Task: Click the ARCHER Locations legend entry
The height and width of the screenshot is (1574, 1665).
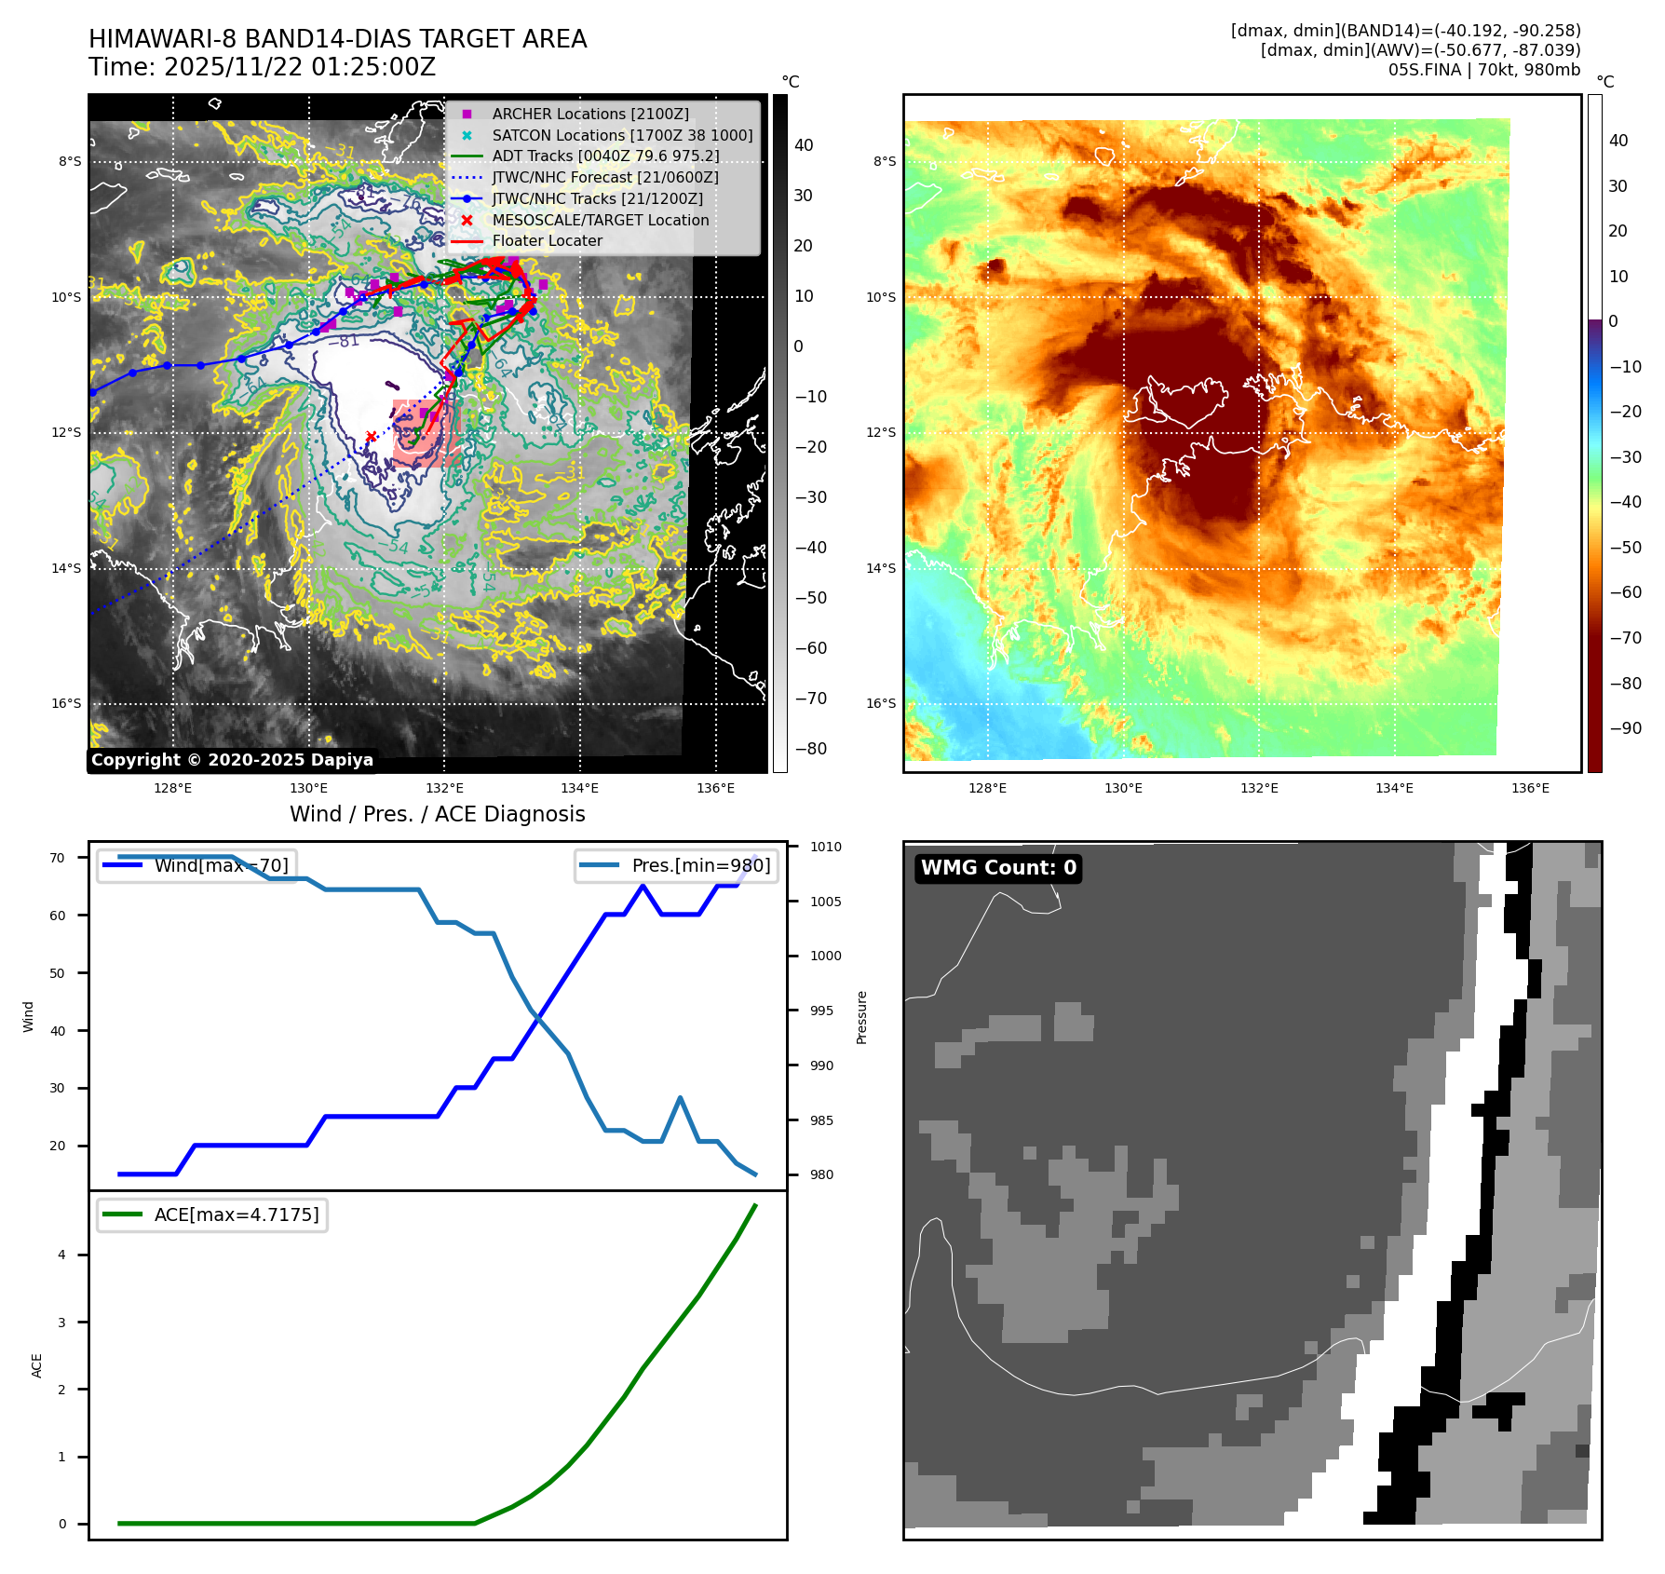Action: (x=590, y=114)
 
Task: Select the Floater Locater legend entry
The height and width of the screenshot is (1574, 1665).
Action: (x=547, y=241)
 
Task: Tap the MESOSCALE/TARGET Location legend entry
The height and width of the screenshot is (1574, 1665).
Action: (x=600, y=220)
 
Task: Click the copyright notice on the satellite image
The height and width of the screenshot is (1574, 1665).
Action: (x=232, y=760)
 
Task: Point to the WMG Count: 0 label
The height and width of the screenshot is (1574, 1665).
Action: (x=998, y=868)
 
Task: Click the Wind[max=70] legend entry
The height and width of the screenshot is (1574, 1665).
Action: (x=221, y=865)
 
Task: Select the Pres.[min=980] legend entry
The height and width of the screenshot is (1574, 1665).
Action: (x=700, y=865)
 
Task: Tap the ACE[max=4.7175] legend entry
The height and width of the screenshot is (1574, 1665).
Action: (x=236, y=1214)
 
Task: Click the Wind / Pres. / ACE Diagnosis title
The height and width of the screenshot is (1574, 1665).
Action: (x=438, y=814)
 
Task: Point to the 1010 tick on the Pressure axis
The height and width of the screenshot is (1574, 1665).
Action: (x=825, y=847)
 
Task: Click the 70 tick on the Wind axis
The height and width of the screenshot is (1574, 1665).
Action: (x=58, y=858)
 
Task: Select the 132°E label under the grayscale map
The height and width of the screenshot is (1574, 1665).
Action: (x=444, y=788)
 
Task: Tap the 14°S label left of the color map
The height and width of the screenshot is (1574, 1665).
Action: (x=881, y=568)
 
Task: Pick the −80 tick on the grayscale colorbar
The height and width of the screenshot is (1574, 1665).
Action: (x=810, y=749)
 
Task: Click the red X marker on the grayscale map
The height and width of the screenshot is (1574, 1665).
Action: (x=371, y=436)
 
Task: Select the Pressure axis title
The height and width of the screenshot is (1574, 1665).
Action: (x=862, y=1017)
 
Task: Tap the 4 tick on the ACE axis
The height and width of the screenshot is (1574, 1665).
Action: (x=62, y=1255)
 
